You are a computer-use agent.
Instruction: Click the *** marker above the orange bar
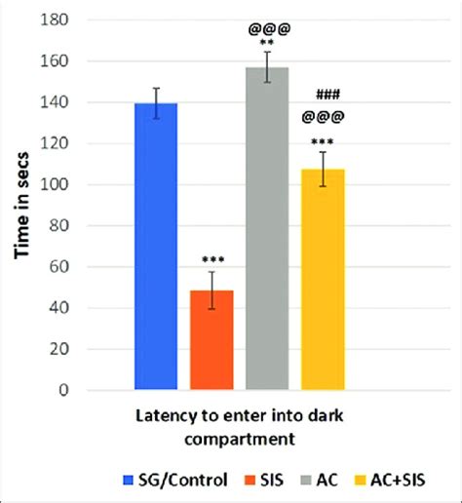(212, 260)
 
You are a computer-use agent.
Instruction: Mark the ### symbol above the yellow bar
(327, 96)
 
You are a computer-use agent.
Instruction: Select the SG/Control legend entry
(173, 479)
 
